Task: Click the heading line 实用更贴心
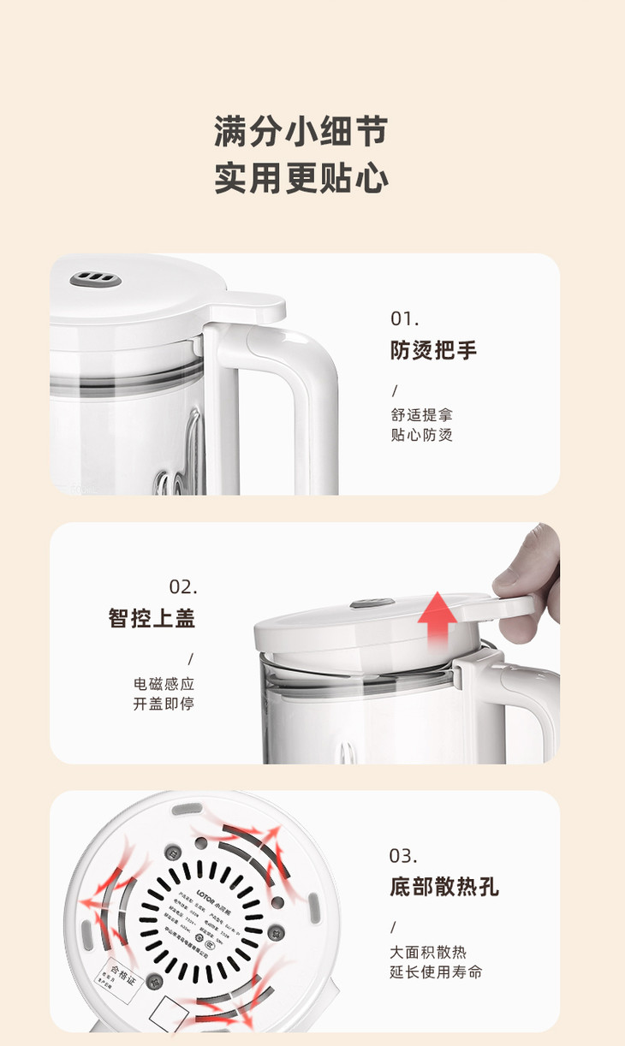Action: [301, 178]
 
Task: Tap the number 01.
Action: [405, 319]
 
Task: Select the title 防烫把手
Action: [433, 350]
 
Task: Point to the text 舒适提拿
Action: [421, 414]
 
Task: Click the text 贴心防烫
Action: [421, 435]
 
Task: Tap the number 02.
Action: [183, 587]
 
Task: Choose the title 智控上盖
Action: [152, 618]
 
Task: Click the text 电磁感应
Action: [164, 684]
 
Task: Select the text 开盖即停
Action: [164, 704]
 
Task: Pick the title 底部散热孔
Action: [443, 887]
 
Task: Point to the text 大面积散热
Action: [429, 952]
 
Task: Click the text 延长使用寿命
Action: [436, 972]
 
